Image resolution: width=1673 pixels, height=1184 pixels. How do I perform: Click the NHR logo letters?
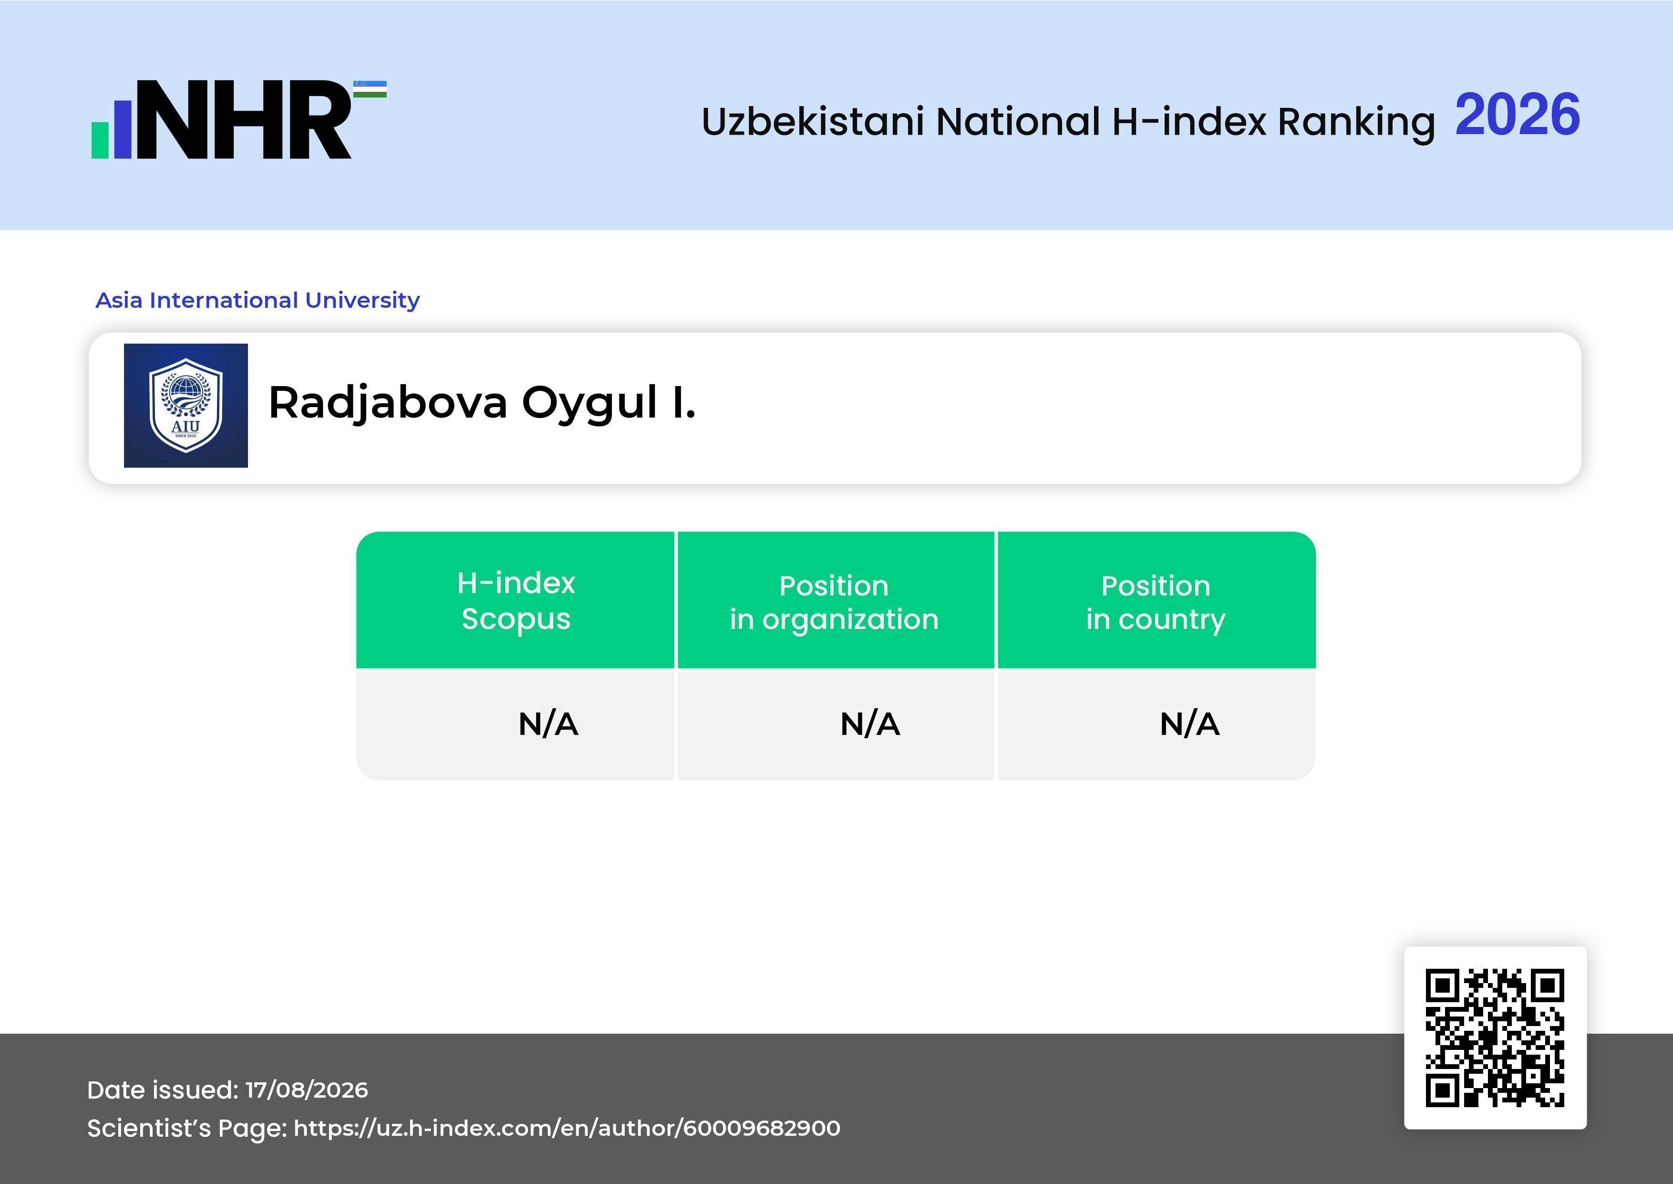(x=245, y=120)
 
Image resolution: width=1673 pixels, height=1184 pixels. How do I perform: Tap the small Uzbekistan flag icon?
(x=370, y=89)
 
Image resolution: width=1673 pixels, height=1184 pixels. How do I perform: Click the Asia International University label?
(x=258, y=300)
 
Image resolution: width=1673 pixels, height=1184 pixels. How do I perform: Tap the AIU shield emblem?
(x=186, y=405)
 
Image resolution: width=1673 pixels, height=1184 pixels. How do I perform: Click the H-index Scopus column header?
(x=516, y=601)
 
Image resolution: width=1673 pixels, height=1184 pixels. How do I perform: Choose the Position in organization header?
(x=834, y=602)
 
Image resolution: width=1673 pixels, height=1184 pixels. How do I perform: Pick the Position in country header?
(x=1156, y=602)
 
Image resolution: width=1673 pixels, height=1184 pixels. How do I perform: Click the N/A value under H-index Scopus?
(x=548, y=724)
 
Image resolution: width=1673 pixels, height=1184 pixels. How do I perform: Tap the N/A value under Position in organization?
(x=870, y=724)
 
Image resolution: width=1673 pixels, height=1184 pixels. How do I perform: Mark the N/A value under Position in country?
(x=1189, y=724)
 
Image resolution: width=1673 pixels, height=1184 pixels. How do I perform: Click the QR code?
(x=1495, y=1037)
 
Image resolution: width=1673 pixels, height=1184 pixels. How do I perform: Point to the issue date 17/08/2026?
(x=307, y=1090)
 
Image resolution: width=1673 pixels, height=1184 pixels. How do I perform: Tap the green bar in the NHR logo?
(x=100, y=139)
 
